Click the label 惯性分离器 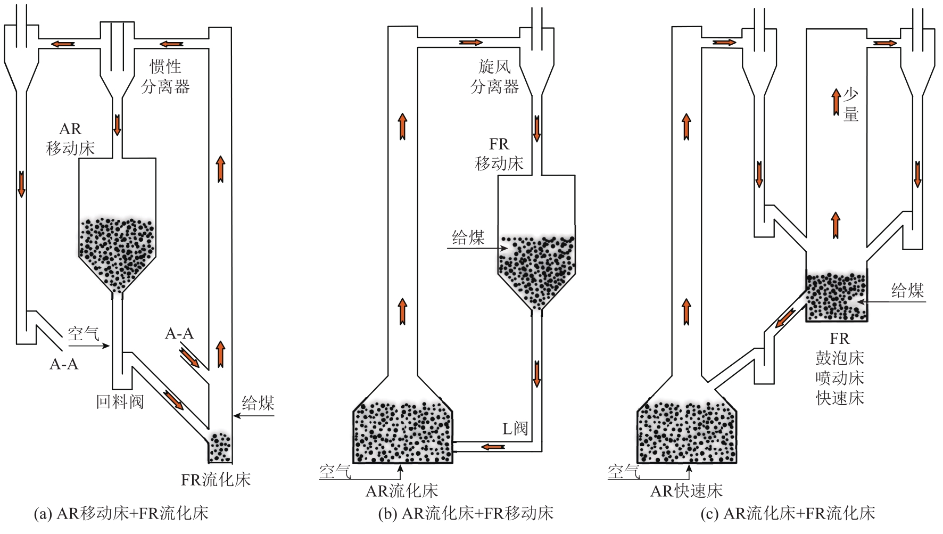[x=166, y=77]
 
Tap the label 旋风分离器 [x=494, y=77]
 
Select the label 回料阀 [x=120, y=401]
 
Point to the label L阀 [x=515, y=429]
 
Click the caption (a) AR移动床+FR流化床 [x=121, y=514]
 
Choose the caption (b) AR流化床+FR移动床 [x=466, y=514]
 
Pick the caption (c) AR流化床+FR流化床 [x=788, y=514]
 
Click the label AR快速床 [x=686, y=491]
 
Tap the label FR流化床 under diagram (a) [x=216, y=480]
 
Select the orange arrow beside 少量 [x=837, y=102]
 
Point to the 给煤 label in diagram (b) [x=468, y=238]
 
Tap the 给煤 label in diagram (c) [x=907, y=291]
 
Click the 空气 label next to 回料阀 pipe [x=83, y=334]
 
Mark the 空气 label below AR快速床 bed [x=623, y=471]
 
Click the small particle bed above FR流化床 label [x=220, y=447]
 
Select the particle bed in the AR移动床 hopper [x=117, y=253]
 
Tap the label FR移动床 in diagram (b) [x=499, y=154]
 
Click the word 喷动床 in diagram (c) [x=840, y=378]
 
